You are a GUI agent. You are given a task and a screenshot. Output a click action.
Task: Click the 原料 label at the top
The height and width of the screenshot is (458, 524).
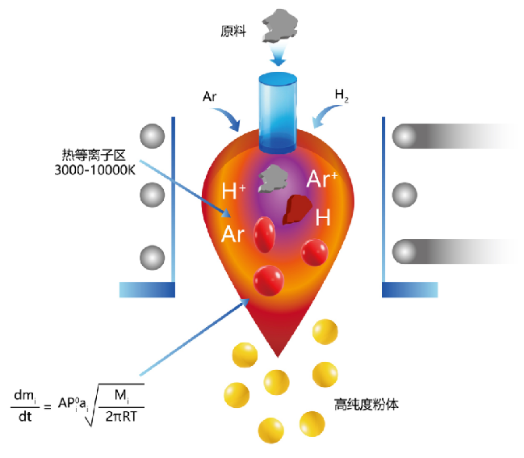pos(233,31)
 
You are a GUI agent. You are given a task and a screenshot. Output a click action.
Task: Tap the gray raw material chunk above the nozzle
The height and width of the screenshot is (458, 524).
pos(279,26)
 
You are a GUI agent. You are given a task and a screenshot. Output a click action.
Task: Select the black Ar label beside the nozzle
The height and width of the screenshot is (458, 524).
pos(210,97)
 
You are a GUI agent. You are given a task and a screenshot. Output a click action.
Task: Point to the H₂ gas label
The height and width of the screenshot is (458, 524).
pos(342,95)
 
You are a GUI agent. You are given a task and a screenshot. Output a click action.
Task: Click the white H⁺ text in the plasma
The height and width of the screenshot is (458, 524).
pos(233,191)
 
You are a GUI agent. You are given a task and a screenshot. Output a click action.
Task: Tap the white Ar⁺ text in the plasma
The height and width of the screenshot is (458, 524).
pos(322,179)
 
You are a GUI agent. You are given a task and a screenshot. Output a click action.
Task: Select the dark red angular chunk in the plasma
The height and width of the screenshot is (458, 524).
pos(297,209)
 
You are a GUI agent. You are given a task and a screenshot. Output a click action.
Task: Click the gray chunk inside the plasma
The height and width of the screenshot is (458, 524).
pos(273,179)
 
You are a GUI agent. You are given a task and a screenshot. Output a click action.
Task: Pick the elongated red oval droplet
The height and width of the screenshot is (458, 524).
pos(264,234)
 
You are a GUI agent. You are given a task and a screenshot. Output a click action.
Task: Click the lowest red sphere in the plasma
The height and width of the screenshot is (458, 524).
pos(269,280)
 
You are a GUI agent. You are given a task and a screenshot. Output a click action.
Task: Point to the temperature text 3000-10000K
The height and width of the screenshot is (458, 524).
pos(94,170)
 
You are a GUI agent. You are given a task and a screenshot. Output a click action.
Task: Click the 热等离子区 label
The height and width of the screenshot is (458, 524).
pos(94,155)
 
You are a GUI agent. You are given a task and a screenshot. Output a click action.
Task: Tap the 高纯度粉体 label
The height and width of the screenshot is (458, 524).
pos(367,405)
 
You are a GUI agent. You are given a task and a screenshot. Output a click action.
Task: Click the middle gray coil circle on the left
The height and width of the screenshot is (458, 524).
pos(152,195)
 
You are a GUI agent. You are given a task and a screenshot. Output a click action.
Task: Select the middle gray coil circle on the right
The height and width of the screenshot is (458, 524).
pos(405,195)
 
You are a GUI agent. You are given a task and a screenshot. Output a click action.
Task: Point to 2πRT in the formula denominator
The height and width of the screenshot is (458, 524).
pos(121,417)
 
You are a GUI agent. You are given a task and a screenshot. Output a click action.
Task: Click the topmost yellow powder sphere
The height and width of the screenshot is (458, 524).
pos(325,332)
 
